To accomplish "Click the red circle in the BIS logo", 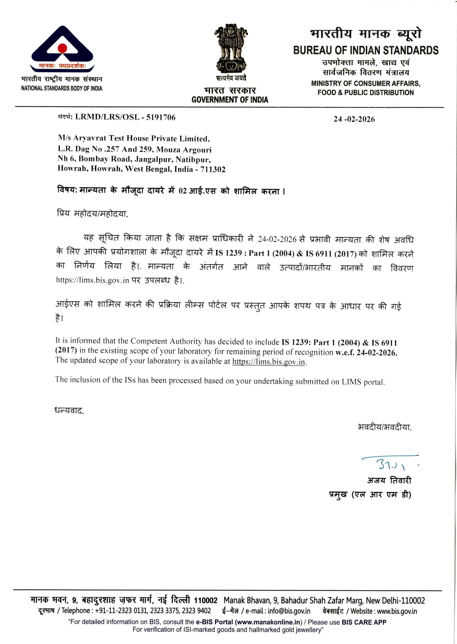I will pyautogui.click(x=62, y=48).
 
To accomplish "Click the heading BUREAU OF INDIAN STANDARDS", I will pyautogui.click(x=366, y=51).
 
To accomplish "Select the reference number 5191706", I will pyautogui.click(x=161, y=117).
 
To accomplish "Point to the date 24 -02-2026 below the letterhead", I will pyautogui.click(x=354, y=119).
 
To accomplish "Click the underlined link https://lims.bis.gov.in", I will pyautogui.click(x=269, y=362).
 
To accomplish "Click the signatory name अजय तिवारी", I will pyautogui.click(x=389, y=480).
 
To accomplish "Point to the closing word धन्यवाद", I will pyautogui.click(x=69, y=411).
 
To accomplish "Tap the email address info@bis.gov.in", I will pyautogui.click(x=289, y=611).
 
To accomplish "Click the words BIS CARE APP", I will pyautogui.click(x=364, y=622).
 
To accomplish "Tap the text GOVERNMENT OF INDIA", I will pyautogui.click(x=230, y=100).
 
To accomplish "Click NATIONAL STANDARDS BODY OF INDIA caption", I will pyautogui.click(x=62, y=88).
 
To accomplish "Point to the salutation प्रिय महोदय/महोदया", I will pyautogui.click(x=92, y=214).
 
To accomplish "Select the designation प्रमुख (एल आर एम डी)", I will pyautogui.click(x=370, y=495).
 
